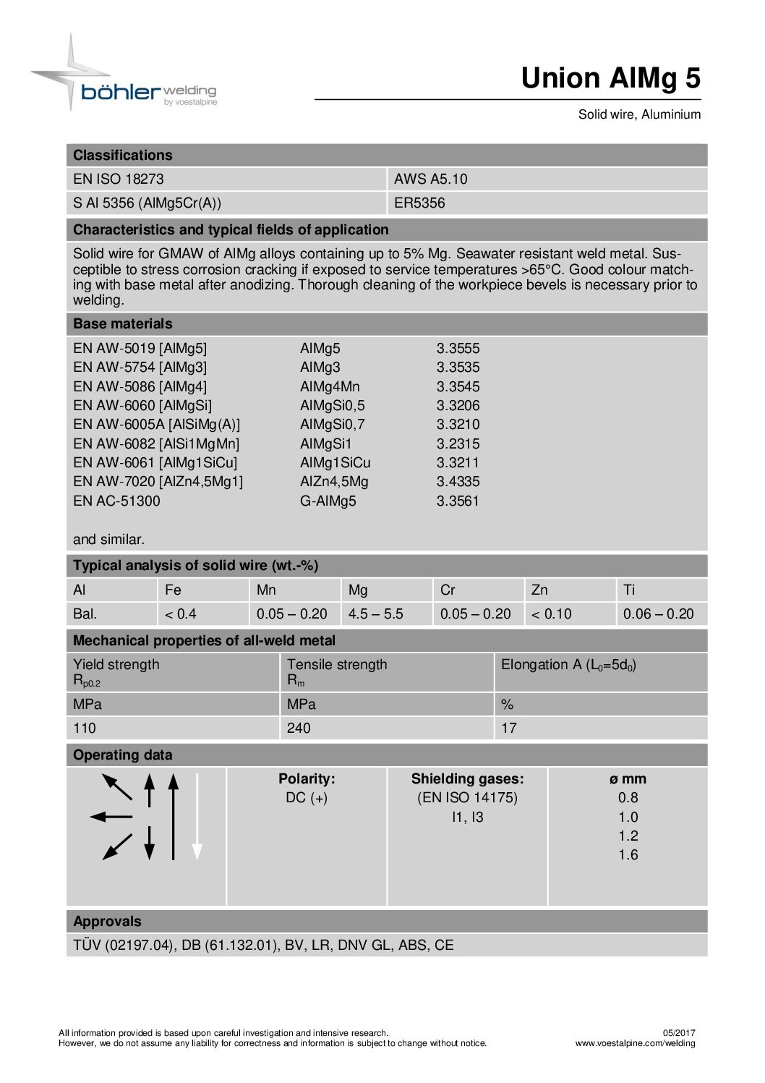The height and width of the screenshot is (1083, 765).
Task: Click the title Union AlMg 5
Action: tap(610, 78)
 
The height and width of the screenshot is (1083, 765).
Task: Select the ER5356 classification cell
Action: tap(419, 203)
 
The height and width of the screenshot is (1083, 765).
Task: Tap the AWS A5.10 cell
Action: tap(431, 179)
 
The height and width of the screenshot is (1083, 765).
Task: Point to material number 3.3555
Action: tap(458, 349)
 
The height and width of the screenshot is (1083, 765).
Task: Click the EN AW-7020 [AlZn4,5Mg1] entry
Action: tap(158, 482)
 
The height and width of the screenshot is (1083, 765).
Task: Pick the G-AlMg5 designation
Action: tap(328, 501)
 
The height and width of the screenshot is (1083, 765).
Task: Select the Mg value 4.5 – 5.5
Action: tap(375, 614)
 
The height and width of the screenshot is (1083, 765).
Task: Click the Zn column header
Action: tap(539, 590)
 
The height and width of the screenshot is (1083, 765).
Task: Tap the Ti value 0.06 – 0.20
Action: tap(658, 614)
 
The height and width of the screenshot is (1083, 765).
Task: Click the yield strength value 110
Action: tap(85, 729)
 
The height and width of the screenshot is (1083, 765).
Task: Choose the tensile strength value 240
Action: tap(299, 729)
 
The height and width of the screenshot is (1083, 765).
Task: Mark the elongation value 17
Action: tap(509, 729)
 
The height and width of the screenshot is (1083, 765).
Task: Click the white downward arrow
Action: tap(197, 817)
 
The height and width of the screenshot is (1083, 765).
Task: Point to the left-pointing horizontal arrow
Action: tap(111, 817)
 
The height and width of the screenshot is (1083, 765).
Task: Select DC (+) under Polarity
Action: tap(307, 798)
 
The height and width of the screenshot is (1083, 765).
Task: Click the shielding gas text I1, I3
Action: tap(467, 817)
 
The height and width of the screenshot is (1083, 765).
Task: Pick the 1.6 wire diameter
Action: tap(628, 855)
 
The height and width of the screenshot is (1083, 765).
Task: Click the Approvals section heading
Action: tap(107, 922)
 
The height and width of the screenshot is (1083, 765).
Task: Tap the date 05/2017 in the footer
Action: tap(679, 1033)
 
